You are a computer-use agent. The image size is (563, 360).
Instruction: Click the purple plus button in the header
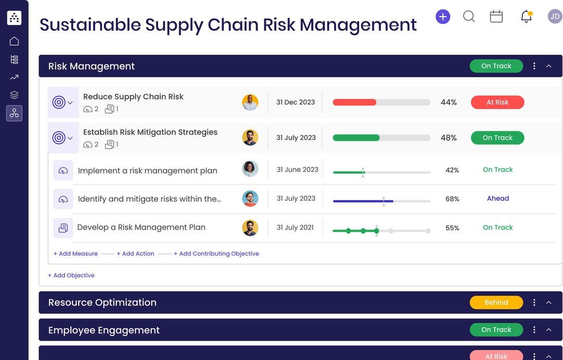pos(443,17)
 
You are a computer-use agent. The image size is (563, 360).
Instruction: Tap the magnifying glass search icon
pos(469,17)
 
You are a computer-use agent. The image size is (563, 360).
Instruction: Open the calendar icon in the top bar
pos(496,17)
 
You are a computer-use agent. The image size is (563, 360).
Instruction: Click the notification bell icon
pos(527,17)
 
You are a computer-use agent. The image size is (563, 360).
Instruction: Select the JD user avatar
pos(555,17)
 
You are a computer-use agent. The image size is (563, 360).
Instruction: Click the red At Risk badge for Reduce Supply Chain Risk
pos(497,102)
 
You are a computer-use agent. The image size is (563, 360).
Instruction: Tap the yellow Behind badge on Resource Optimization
pos(496,303)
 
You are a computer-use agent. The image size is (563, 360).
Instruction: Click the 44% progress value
pos(448,102)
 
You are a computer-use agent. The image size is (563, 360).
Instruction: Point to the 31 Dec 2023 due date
pos(296,102)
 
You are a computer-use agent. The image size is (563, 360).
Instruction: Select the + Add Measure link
pos(76,254)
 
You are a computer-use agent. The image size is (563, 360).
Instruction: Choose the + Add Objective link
pos(71,275)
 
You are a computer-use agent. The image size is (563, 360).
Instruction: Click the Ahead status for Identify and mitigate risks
pos(498,198)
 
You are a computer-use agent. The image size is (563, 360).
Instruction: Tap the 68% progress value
pos(452,199)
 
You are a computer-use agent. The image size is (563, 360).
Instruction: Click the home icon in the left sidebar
pos(14,41)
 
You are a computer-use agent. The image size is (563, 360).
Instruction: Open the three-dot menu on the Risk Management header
pos(534,66)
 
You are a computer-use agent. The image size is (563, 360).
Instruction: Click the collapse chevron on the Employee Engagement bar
pos(548,330)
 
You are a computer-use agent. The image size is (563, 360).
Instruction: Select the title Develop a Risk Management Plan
pos(141,227)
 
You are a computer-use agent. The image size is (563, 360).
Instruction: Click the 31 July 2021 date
pos(295,227)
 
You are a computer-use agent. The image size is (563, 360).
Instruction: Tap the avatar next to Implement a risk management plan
pos(250,169)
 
